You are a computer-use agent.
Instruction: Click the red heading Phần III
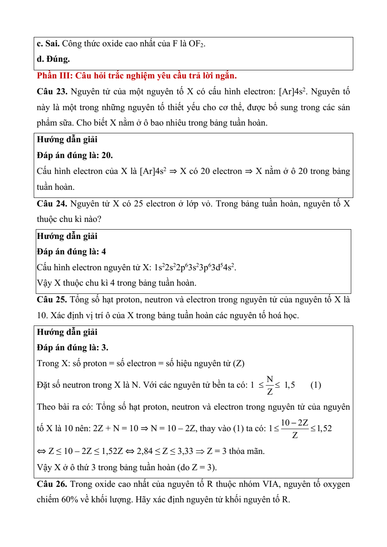point(137,76)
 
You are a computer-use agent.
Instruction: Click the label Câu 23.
point(52,91)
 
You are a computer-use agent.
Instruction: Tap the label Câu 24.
point(52,204)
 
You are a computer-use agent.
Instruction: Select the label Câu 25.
point(52,300)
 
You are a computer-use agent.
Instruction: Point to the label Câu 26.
point(52,484)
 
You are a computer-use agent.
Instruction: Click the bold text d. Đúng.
point(53,59)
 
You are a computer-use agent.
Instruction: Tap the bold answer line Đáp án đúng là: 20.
point(75,155)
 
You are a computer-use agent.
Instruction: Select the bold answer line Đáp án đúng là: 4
point(71,252)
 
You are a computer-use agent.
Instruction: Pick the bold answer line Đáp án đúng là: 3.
point(72,347)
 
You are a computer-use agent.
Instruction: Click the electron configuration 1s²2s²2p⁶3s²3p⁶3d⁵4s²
point(195,267)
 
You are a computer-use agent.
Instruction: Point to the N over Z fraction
point(270,385)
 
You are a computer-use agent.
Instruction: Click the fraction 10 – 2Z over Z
point(295,429)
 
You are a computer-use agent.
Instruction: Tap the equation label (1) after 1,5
point(315,385)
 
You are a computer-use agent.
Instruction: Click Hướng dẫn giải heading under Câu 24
point(67,236)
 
